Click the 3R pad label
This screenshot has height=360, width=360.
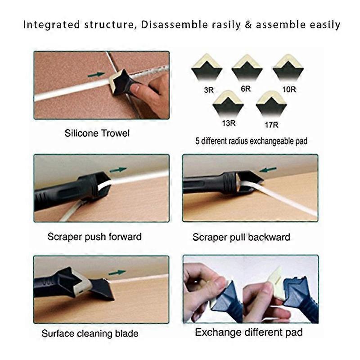pyautogui.click(x=208, y=90)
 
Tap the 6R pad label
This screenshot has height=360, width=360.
pyautogui.click(x=246, y=89)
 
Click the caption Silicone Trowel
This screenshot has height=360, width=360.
pyautogui.click(x=97, y=133)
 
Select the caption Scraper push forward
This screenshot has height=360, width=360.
pyautogui.click(x=94, y=236)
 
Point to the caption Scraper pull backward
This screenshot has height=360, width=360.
pyautogui.click(x=241, y=237)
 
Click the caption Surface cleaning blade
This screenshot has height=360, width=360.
pyautogui.click(x=90, y=333)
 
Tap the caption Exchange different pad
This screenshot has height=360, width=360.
pyautogui.click(x=248, y=333)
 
